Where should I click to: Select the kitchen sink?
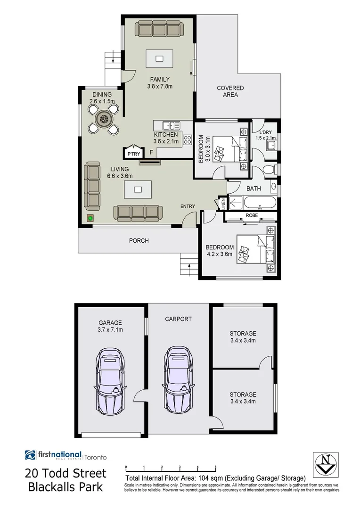[x=171, y=125]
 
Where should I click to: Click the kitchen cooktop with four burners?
[x=187, y=140]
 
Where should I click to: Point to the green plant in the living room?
[x=90, y=218]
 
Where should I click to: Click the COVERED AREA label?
[x=230, y=91]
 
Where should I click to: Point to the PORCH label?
[x=139, y=241]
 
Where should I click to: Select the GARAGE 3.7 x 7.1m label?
[x=110, y=326]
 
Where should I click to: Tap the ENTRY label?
[x=188, y=206]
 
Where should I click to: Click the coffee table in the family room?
[x=159, y=59]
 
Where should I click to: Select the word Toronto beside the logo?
[x=96, y=457]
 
